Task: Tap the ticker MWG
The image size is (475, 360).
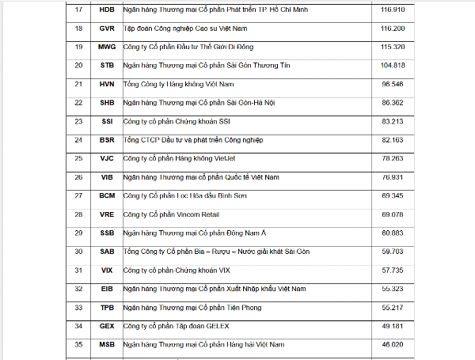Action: [107, 47]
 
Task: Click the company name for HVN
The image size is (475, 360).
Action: [167, 84]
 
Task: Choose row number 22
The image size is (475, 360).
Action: [78, 102]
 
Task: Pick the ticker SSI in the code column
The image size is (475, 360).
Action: [107, 121]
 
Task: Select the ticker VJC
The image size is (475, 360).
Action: [107, 158]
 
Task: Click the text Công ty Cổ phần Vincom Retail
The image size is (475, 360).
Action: [170, 214]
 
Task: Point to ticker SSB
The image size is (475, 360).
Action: [107, 233]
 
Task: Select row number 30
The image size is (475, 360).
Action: [78, 251]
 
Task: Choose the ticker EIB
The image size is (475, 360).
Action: [107, 288]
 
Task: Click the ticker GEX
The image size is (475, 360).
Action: [107, 325]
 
